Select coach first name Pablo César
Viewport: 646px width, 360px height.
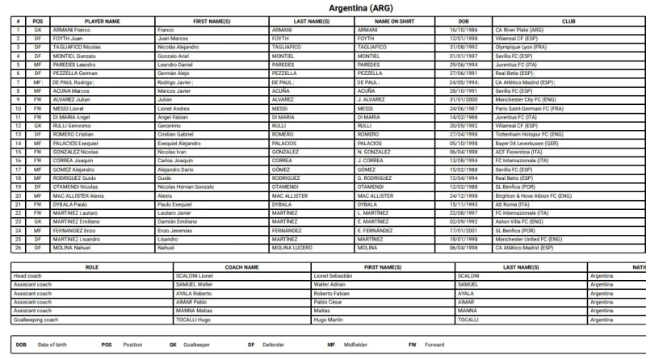330,302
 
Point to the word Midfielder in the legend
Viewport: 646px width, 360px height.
354,345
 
